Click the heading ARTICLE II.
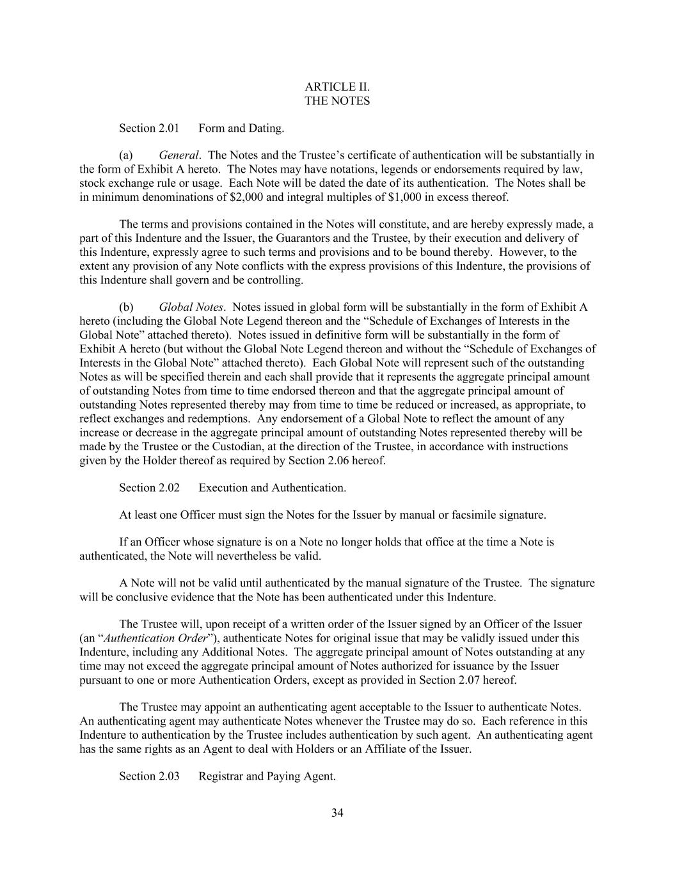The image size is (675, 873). (x=337, y=87)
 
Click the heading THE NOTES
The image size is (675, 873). (x=337, y=101)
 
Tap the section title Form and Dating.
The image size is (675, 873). (x=241, y=129)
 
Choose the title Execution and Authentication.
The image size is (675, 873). (x=273, y=488)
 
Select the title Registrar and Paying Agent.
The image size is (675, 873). (x=267, y=776)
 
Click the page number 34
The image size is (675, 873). (x=338, y=814)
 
